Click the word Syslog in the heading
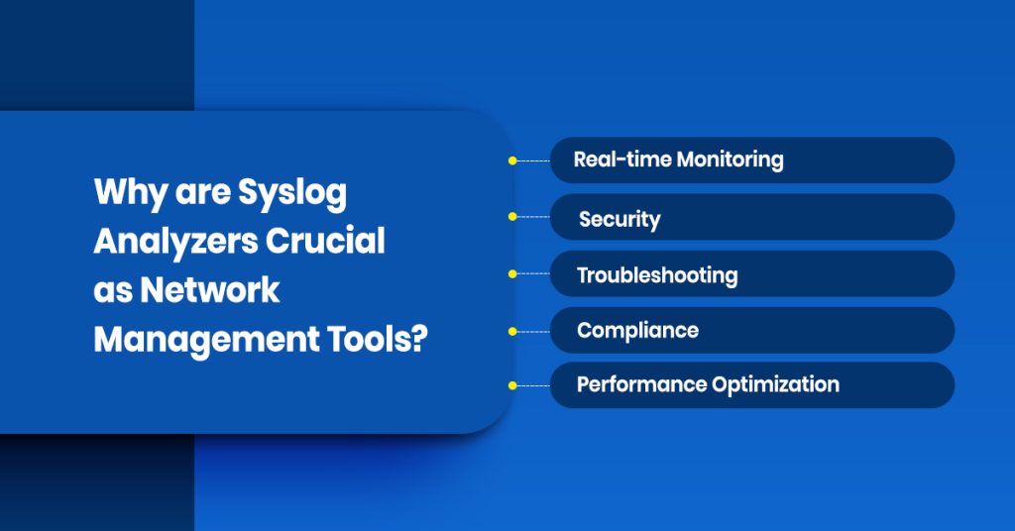[292, 192]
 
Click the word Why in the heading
[125, 192]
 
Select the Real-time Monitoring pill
[751, 159]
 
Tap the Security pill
[751, 217]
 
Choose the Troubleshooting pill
[751, 273]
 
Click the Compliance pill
[751, 330]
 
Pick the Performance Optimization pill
[751, 384]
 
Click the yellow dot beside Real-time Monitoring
[512, 159]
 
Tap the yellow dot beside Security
[512, 216]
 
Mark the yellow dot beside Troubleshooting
[512, 273]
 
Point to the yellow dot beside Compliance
[512, 330]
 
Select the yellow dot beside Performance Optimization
[512, 384]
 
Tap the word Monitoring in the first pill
[730, 159]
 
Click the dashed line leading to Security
[533, 216]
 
